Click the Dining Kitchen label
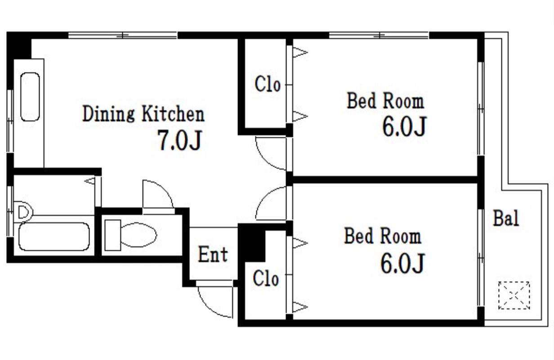pos(143,114)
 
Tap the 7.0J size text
pos(180,140)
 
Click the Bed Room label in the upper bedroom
pos(385,101)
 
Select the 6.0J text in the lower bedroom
pos(402,263)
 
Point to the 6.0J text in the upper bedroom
pos(404,126)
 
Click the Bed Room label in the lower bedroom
pos(383,236)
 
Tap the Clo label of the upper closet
pos(268,84)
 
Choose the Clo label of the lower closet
pos(266,279)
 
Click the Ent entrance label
pos(213,254)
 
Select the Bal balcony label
pos(506,218)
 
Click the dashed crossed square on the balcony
pos(514,295)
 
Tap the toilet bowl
pos(138,235)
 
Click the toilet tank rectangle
pos(113,235)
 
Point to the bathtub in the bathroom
pos(54,237)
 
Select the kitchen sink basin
pos(30,97)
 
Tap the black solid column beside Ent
pos(252,243)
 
